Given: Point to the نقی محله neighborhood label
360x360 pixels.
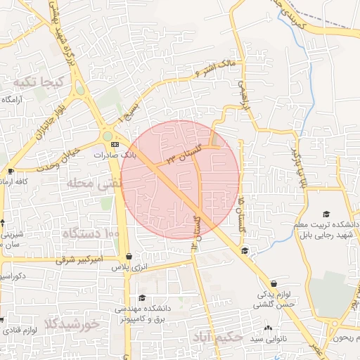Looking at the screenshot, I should pos(94,184).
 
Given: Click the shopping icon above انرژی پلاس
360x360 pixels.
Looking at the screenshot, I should pos(129,257).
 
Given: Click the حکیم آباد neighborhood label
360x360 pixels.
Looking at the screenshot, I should pos(217,337).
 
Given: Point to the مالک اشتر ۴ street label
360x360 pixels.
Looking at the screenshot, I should pos(219,69).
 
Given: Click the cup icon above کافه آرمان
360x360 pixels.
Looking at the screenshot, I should pos(11,171).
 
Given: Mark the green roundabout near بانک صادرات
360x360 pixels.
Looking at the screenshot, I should pos(107,136).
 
